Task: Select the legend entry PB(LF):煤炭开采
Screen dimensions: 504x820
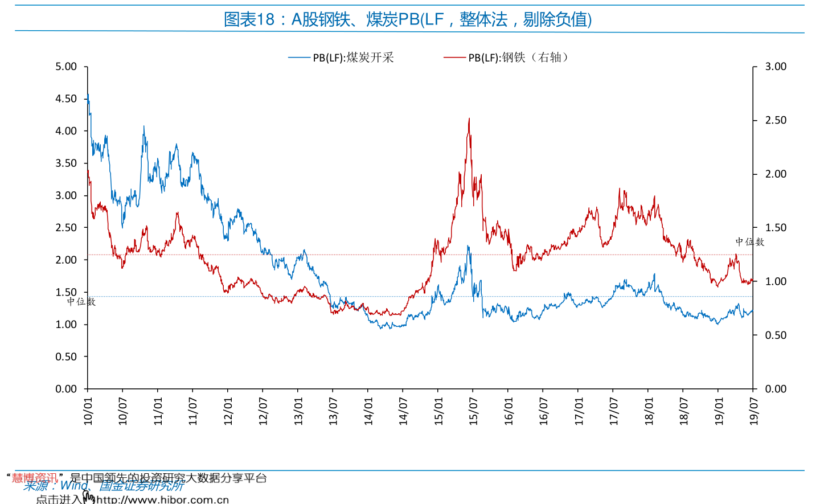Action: tap(353, 58)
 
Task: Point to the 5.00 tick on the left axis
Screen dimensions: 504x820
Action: tap(66, 67)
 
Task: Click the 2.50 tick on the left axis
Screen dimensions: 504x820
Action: tap(66, 228)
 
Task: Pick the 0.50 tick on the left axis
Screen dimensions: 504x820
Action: tap(66, 357)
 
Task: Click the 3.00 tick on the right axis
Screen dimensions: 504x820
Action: tap(776, 67)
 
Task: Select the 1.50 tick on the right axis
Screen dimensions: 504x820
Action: tap(776, 228)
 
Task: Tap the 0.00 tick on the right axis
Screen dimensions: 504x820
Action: tap(776, 389)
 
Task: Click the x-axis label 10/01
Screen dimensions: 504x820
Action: tap(88, 411)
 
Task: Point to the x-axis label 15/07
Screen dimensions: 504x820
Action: tap(473, 411)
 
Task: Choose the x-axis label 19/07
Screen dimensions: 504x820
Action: tap(754, 411)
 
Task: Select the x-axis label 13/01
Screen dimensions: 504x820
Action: tap(298, 411)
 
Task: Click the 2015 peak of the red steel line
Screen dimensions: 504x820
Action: tap(469, 118)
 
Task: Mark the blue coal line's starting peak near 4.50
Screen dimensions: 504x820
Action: tap(88, 95)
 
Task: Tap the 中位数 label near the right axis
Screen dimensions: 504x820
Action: tap(749, 242)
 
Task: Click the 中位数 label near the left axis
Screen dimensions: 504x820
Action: tap(81, 302)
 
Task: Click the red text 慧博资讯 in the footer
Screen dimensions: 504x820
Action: tap(35, 478)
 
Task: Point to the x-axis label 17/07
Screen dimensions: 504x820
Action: tap(614, 411)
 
